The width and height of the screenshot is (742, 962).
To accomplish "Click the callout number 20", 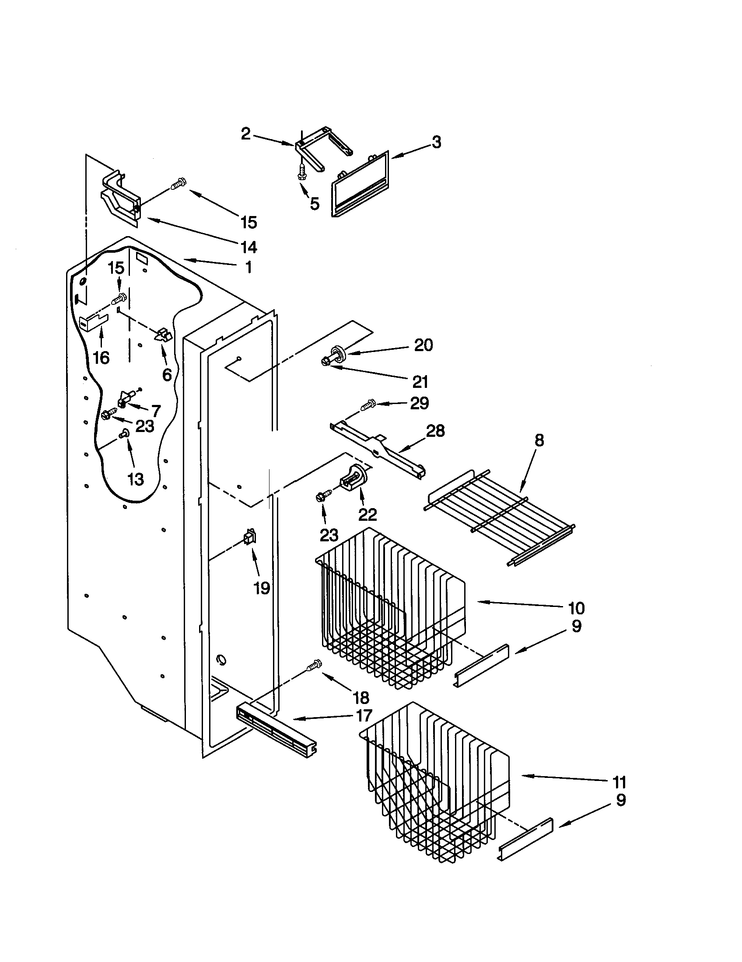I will pos(423,345).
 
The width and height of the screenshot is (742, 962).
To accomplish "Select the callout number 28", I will pos(435,431).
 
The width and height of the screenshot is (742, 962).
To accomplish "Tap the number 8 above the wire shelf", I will pos(539,440).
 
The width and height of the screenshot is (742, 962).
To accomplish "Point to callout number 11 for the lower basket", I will pos(619,782).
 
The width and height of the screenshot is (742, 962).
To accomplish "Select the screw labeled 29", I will pos(368,404).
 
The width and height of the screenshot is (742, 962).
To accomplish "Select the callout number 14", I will pos(249,247).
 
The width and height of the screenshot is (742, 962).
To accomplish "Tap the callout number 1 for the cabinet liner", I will pos(248,267).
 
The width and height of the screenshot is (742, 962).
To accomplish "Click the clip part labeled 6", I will pos(162,336).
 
